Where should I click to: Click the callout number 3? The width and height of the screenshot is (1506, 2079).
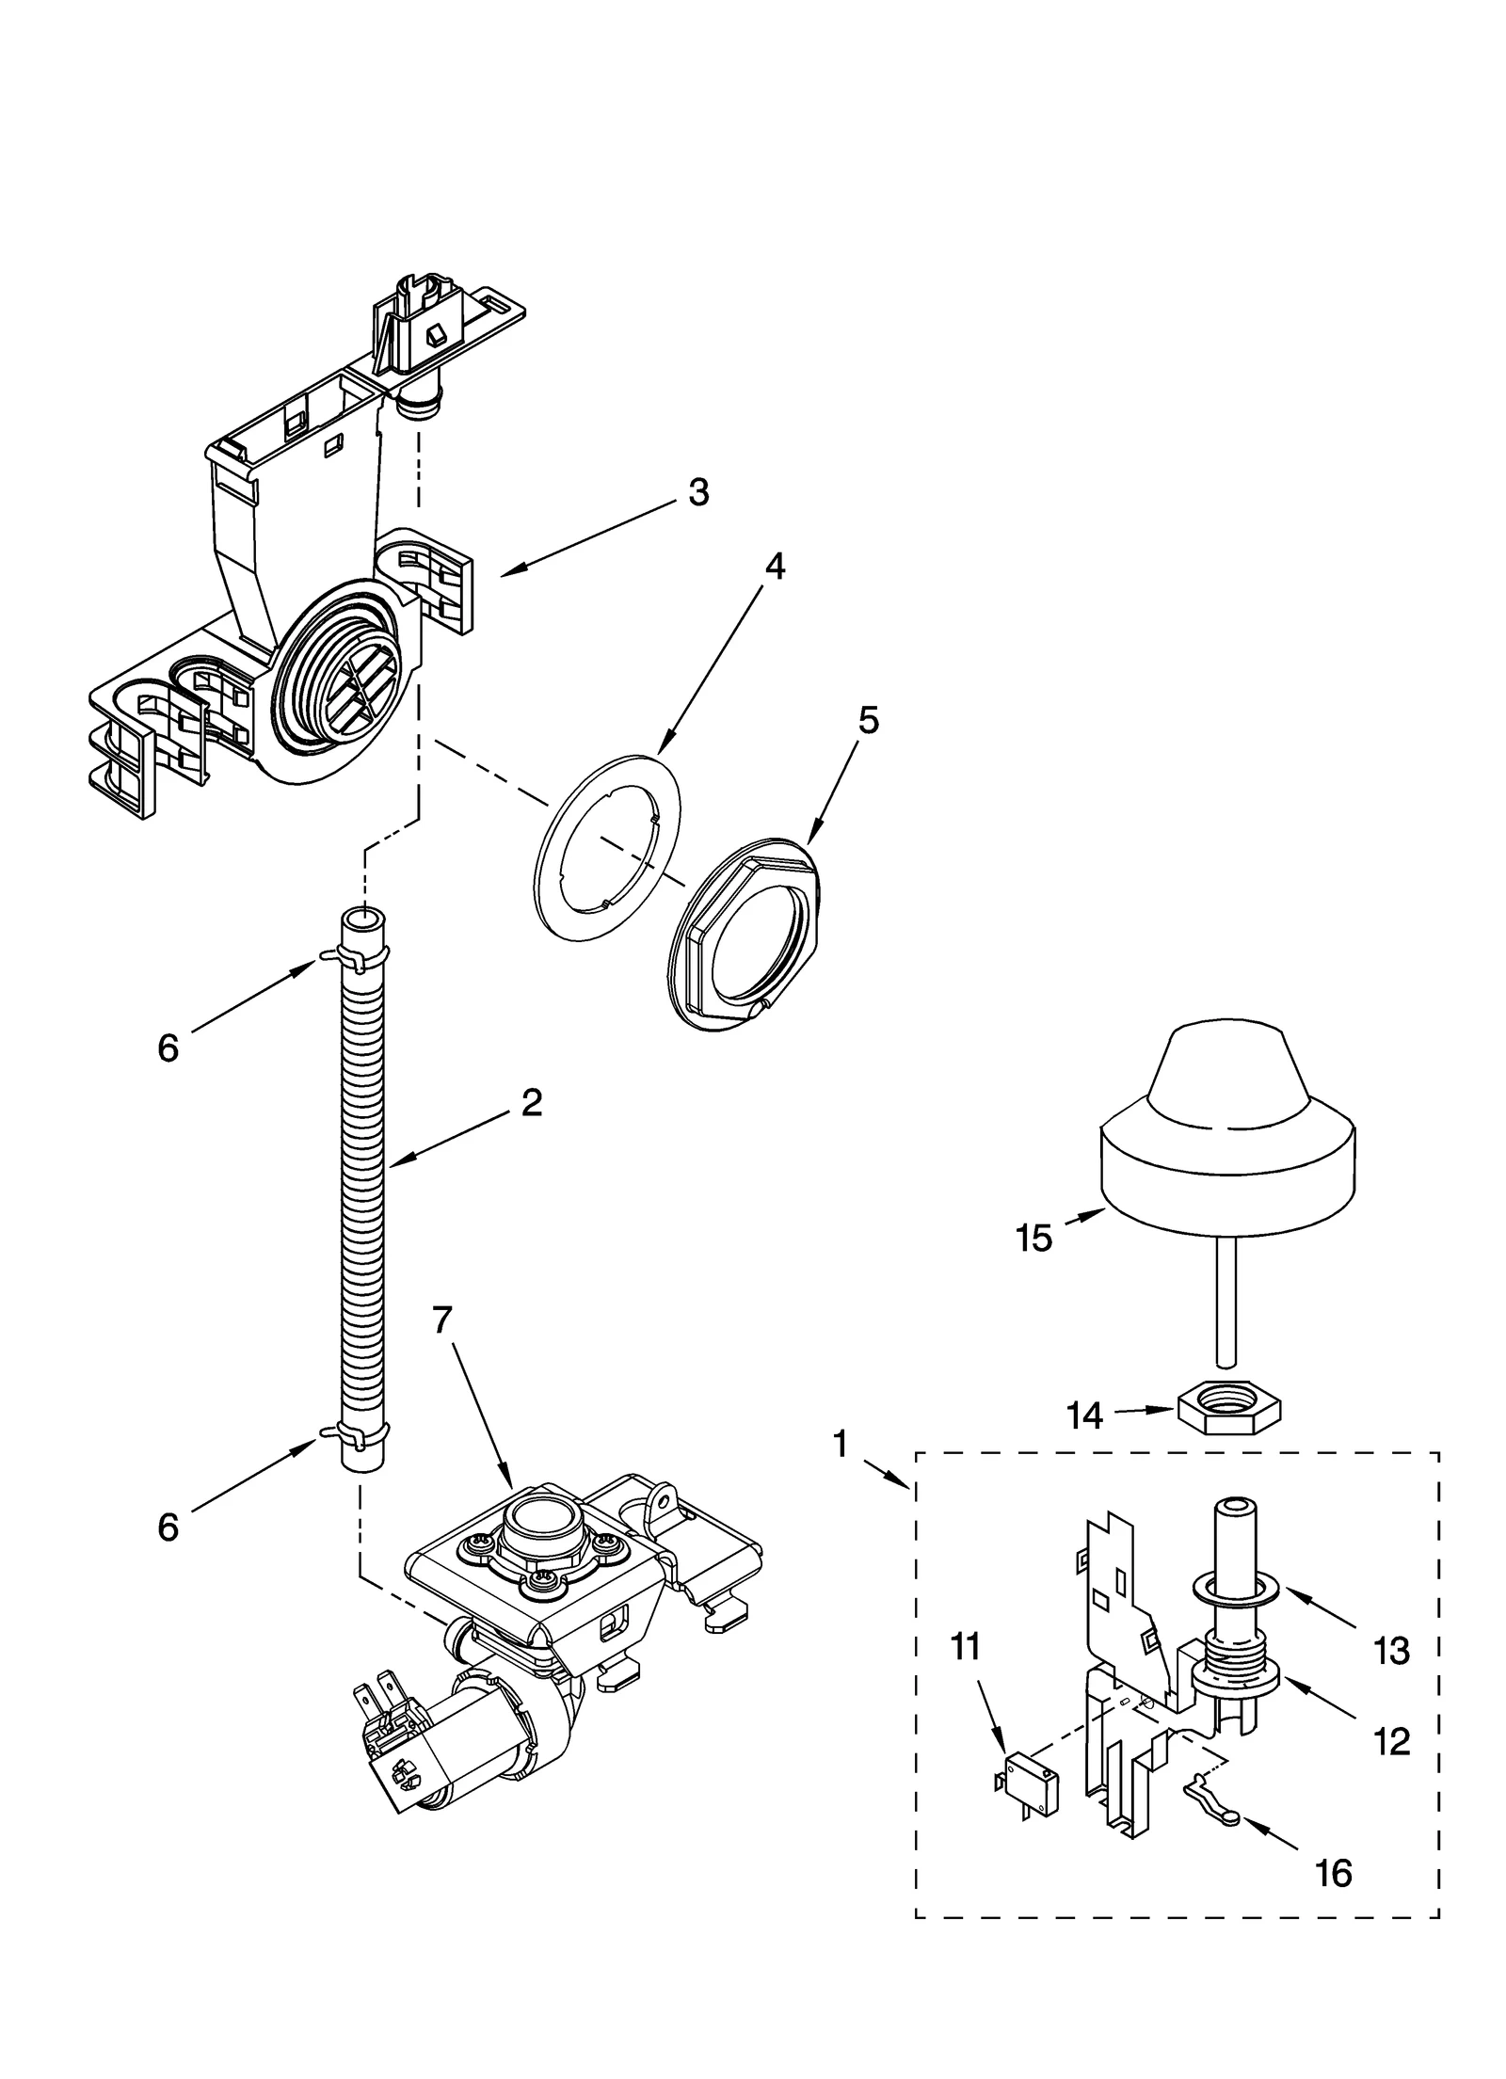697,492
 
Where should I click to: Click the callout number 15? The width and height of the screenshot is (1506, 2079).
1033,1238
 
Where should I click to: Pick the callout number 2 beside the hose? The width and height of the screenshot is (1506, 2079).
532,1102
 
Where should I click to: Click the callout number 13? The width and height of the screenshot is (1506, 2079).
1391,1651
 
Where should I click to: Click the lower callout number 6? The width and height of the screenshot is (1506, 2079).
168,1527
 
